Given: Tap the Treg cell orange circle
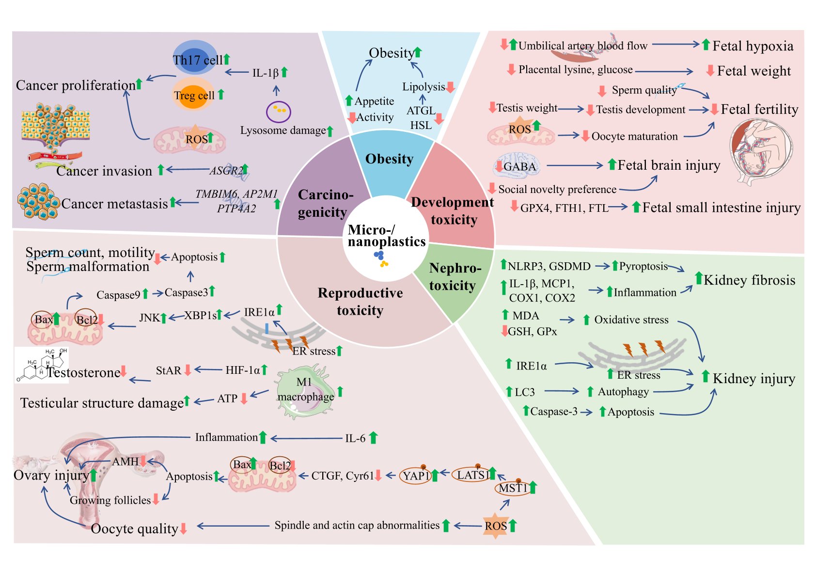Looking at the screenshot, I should (194, 95).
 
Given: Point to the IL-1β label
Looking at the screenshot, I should (265, 73).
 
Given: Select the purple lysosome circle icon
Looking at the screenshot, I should (278, 112).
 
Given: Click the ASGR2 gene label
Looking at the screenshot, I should (226, 171).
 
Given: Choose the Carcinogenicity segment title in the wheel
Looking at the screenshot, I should (324, 204).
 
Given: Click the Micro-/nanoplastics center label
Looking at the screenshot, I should (386, 236).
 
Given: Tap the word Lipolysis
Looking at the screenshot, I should (423, 87).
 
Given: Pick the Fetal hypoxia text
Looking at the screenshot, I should (753, 46).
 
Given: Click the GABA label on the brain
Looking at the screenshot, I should (519, 167).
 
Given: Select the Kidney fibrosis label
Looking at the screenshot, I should (749, 280).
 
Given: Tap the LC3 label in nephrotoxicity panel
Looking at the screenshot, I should (524, 392).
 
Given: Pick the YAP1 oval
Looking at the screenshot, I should (416, 476).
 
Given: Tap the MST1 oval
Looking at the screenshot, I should (513, 488).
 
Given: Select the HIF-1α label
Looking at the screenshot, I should (242, 370).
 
